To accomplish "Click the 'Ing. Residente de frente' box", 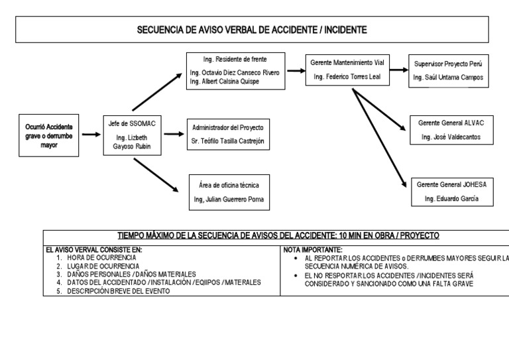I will (235, 70).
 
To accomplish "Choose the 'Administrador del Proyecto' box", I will (227, 133).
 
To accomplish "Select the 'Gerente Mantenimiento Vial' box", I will (347, 70).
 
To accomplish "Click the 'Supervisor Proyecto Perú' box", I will (448, 70).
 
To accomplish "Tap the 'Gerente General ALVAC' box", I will (451, 130).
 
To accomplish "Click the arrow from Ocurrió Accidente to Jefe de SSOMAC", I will (91, 135).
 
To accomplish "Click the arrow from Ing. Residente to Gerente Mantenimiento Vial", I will (295, 70).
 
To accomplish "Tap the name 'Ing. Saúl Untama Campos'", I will (448, 78).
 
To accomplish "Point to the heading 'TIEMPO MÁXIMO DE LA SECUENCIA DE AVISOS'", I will (278, 235).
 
